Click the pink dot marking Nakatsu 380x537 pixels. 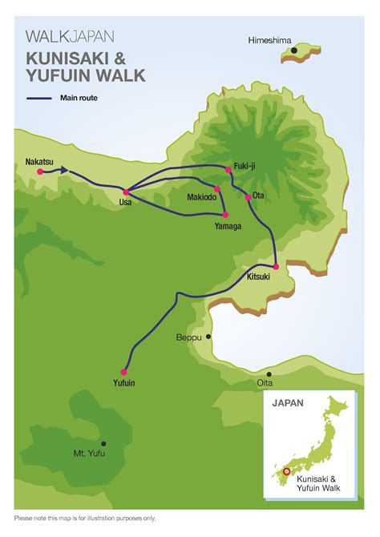coord(39,172)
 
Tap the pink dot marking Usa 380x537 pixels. coord(126,192)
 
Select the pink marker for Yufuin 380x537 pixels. coord(123,371)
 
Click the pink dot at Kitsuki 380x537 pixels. coord(276,266)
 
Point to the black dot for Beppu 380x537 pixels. coord(209,337)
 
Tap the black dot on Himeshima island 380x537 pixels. coord(295,50)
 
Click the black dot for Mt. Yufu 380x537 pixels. coord(103,442)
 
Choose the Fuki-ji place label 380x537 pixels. coord(245,165)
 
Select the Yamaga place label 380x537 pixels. coord(228,227)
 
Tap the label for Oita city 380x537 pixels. coord(265,383)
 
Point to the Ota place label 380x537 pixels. coord(258,195)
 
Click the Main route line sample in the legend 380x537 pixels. coord(39,99)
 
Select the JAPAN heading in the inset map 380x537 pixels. coord(289,403)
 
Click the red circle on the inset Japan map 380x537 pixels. coord(288,471)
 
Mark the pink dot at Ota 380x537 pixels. coord(248,196)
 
